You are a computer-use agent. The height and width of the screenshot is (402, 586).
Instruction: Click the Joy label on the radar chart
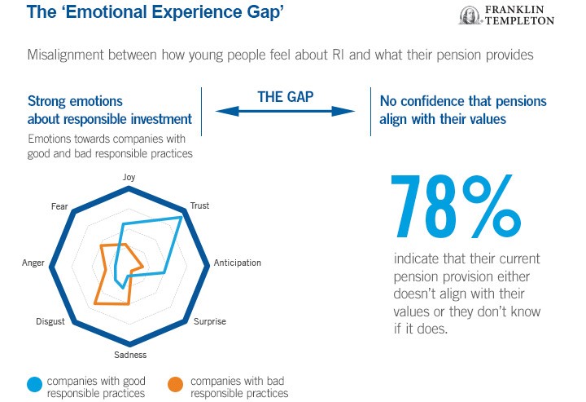[129, 177]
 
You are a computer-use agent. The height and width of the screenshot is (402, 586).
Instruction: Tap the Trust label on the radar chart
[199, 206]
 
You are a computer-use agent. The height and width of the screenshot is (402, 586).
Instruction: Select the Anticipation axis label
[237, 263]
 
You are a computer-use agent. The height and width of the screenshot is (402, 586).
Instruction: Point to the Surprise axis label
[209, 321]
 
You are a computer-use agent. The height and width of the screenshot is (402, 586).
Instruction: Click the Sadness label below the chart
[130, 355]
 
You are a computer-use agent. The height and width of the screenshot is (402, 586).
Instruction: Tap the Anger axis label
[33, 263]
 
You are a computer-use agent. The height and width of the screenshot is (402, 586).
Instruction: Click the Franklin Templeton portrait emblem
[469, 15]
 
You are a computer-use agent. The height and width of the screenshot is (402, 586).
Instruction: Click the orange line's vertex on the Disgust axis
[95, 303]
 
